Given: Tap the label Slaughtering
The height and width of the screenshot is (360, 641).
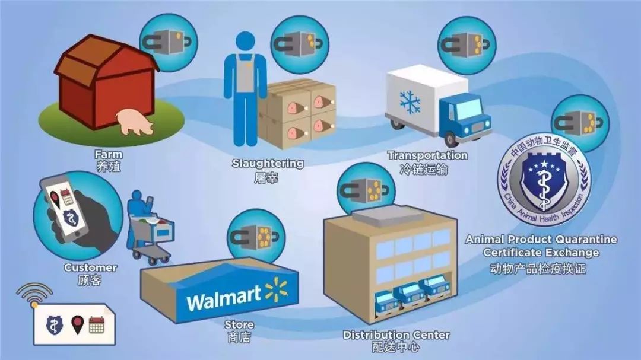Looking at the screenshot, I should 268,163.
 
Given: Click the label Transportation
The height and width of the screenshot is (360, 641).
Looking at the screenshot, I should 427,155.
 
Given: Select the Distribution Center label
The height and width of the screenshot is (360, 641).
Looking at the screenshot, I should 396,335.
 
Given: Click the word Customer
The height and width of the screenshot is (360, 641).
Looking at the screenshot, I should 90,267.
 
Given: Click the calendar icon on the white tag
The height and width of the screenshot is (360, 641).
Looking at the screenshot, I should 97,324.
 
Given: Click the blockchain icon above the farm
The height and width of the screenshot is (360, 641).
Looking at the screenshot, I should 169,42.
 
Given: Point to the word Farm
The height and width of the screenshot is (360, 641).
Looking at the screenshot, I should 109,155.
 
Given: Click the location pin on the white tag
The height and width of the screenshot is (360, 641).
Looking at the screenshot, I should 77,324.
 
